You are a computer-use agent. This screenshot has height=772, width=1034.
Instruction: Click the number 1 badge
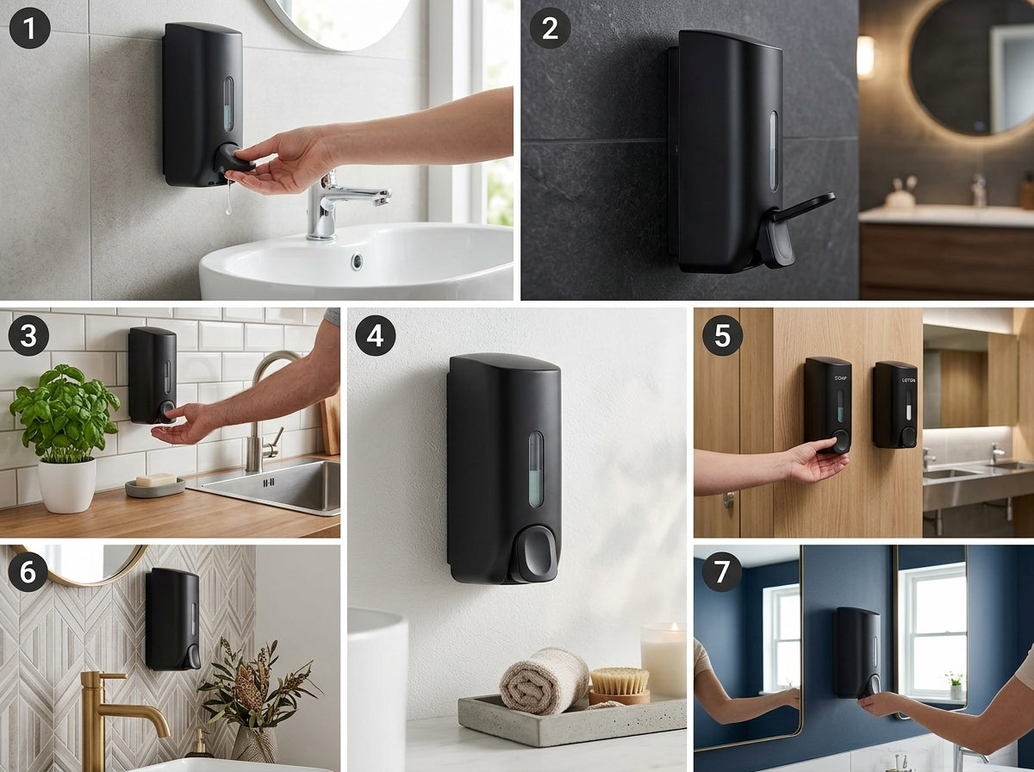pyautogui.click(x=30, y=28)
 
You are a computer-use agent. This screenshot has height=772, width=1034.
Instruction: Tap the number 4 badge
pyautogui.click(x=376, y=335)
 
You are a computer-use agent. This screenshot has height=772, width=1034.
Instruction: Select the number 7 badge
pyautogui.click(x=722, y=571)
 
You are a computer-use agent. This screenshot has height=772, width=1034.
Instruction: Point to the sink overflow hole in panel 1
pyautogui.click(x=357, y=260)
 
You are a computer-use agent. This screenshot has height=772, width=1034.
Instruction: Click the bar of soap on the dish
pyautogui.click(x=156, y=480)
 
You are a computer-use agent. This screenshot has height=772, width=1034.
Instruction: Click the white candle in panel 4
pyautogui.click(x=663, y=660)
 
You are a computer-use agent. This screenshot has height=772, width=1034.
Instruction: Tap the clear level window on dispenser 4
pyautogui.click(x=536, y=469)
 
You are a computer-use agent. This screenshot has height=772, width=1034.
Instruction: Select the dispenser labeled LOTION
pyautogui.click(x=894, y=404)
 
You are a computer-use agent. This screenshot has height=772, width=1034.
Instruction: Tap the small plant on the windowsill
pyautogui.click(x=954, y=684)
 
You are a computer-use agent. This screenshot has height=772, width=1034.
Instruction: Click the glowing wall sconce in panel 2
pyautogui.click(x=865, y=57)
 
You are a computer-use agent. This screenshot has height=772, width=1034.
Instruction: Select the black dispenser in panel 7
pyautogui.click(x=856, y=651)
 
